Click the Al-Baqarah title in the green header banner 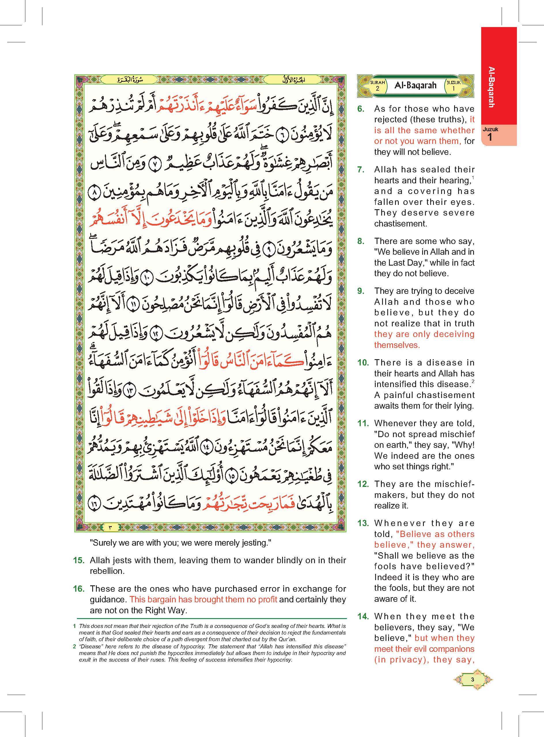pos(415,85)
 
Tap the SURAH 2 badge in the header pos(377,85)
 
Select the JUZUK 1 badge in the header pos(453,85)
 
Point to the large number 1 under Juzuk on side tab pos(490,137)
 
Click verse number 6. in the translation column pos(361,109)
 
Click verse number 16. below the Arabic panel pos(79,589)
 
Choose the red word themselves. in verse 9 pos(397,345)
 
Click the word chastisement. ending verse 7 pos(401,224)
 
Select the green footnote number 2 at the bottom pos(75,646)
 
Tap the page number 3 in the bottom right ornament pos(473,680)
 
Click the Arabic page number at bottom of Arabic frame pos(110,527)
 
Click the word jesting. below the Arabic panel pos(256,543)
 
